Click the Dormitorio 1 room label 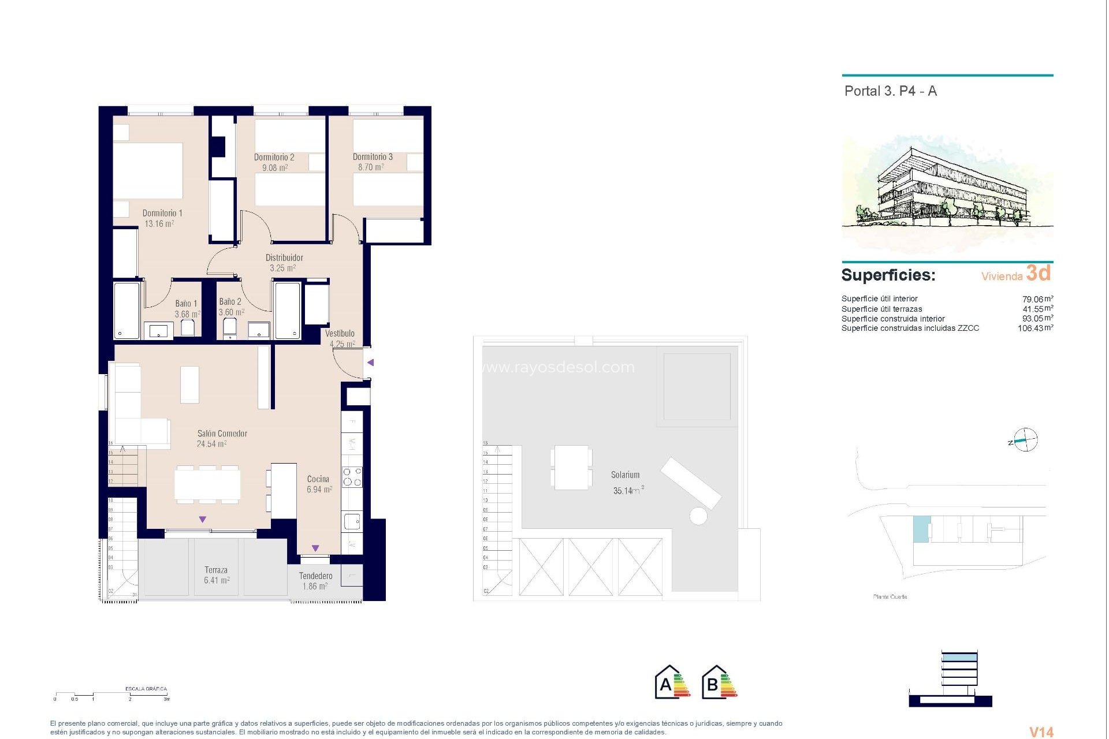(x=162, y=213)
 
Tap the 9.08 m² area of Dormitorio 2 (x=274, y=168)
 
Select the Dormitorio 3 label (x=373, y=157)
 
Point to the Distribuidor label (x=284, y=257)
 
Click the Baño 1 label (x=186, y=303)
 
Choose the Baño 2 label (x=230, y=301)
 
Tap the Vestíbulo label (x=340, y=333)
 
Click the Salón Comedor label (x=222, y=433)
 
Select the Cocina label (x=318, y=479)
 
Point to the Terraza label (x=215, y=570)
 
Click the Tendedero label (x=315, y=576)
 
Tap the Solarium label (x=625, y=475)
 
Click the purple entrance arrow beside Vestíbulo (x=371, y=363)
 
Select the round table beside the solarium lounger (x=698, y=516)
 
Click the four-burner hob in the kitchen (x=352, y=477)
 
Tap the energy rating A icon (x=672, y=683)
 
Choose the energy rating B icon (x=719, y=683)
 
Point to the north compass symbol (x=1025, y=441)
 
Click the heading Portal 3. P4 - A (x=890, y=91)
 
